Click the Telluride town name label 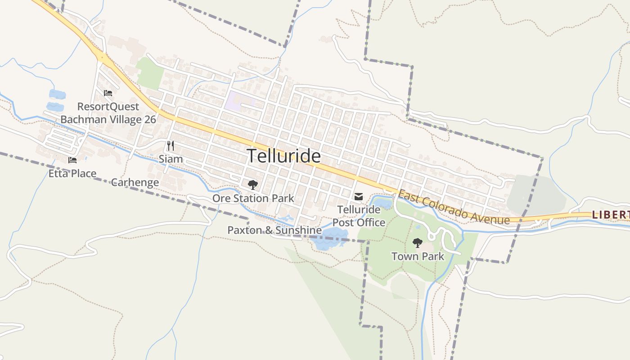pos(284,156)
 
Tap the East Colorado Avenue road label pos(454,207)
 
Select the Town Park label pos(418,256)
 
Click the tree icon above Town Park pos(418,243)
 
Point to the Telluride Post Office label pos(359,216)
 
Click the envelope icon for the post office pos(359,197)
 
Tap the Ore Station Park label pos(253,198)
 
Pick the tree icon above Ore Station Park pos(253,184)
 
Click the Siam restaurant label pos(171,159)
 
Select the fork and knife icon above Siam pos(171,146)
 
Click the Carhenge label pos(135,182)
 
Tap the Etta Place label pos(72,173)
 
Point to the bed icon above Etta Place pos(72,160)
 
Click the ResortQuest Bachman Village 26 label pos(108,113)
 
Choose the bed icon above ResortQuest pos(108,93)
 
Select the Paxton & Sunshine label pos(274,230)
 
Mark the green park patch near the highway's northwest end pos(150,73)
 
